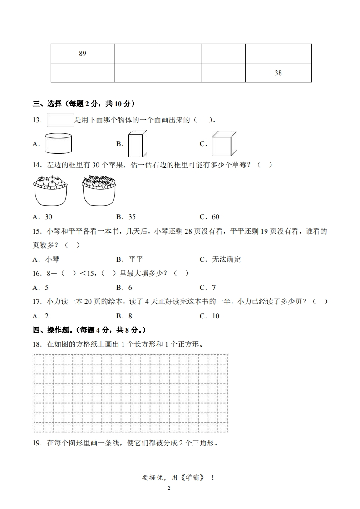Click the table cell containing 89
tap(82, 54)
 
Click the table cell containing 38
tap(278, 73)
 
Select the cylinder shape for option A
tap(58, 143)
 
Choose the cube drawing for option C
tap(225, 143)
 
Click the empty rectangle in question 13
tap(60, 120)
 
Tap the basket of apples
tap(50, 191)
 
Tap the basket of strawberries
tap(99, 191)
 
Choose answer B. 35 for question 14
tap(126, 217)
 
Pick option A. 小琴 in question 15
tap(46, 259)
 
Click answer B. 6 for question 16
tap(124, 288)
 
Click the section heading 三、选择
tap(47, 104)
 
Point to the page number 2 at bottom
tap(168, 489)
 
